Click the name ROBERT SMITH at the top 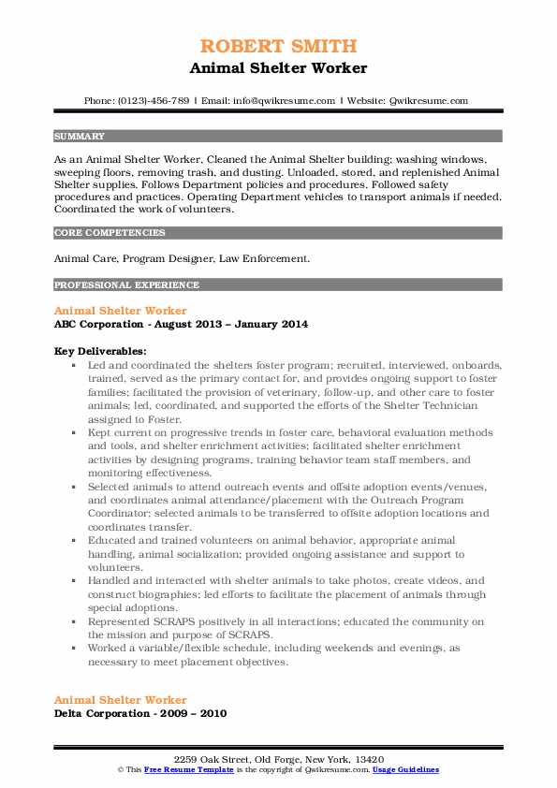(278, 48)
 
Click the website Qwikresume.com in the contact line (429, 100)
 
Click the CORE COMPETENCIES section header (97, 232)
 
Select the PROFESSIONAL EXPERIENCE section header (113, 285)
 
